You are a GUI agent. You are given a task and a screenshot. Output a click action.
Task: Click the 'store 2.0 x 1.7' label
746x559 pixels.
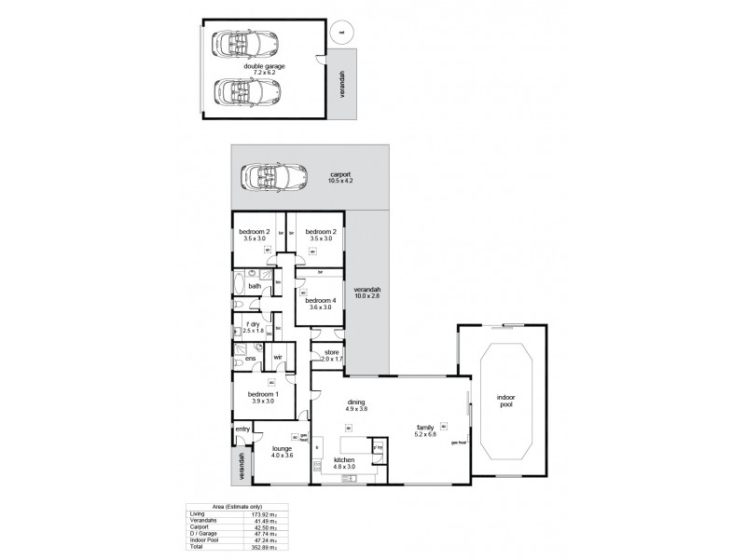pos(333,354)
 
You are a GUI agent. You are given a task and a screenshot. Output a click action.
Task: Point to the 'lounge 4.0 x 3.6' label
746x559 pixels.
pos(283,452)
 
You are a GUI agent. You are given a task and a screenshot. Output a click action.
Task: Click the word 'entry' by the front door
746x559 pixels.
pos(242,429)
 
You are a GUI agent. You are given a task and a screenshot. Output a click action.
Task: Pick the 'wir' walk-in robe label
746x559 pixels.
pos(278,358)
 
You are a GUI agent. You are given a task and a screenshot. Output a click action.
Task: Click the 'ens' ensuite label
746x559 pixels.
pos(251,358)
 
